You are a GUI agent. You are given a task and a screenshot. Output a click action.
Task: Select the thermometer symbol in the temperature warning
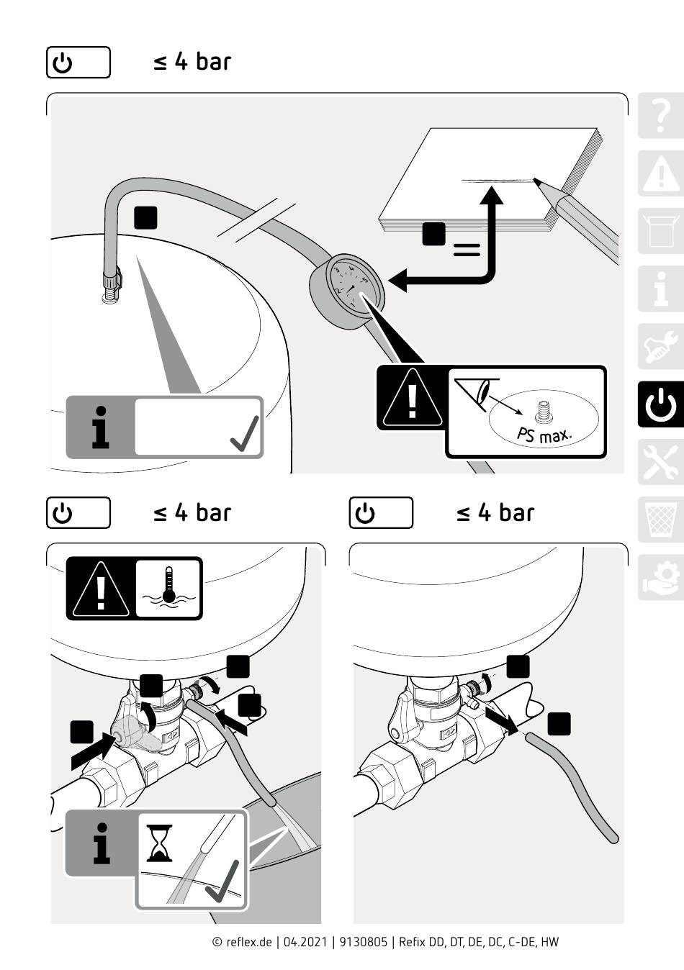coord(168,587)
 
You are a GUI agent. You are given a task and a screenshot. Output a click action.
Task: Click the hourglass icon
coord(159,843)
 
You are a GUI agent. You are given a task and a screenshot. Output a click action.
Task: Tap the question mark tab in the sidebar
coord(660,115)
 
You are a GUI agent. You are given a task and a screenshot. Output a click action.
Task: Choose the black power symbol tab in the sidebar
coord(660,405)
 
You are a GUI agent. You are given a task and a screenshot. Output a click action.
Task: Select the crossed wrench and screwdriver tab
coord(660,462)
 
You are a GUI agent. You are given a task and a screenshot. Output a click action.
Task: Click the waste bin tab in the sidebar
coord(660,520)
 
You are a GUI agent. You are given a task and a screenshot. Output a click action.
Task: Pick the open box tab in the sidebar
coord(660,231)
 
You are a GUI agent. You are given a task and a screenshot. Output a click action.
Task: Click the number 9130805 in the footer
coord(363,942)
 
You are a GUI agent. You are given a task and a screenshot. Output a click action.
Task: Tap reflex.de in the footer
coord(248,942)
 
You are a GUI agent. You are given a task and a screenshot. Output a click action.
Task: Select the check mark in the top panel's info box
coord(245,434)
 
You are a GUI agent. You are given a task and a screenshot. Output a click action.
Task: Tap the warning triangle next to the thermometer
coord(101,588)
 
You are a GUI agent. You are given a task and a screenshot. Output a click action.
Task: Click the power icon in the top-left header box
coord(63,63)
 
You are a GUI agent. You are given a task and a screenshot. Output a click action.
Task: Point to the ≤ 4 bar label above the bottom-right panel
coord(495,513)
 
